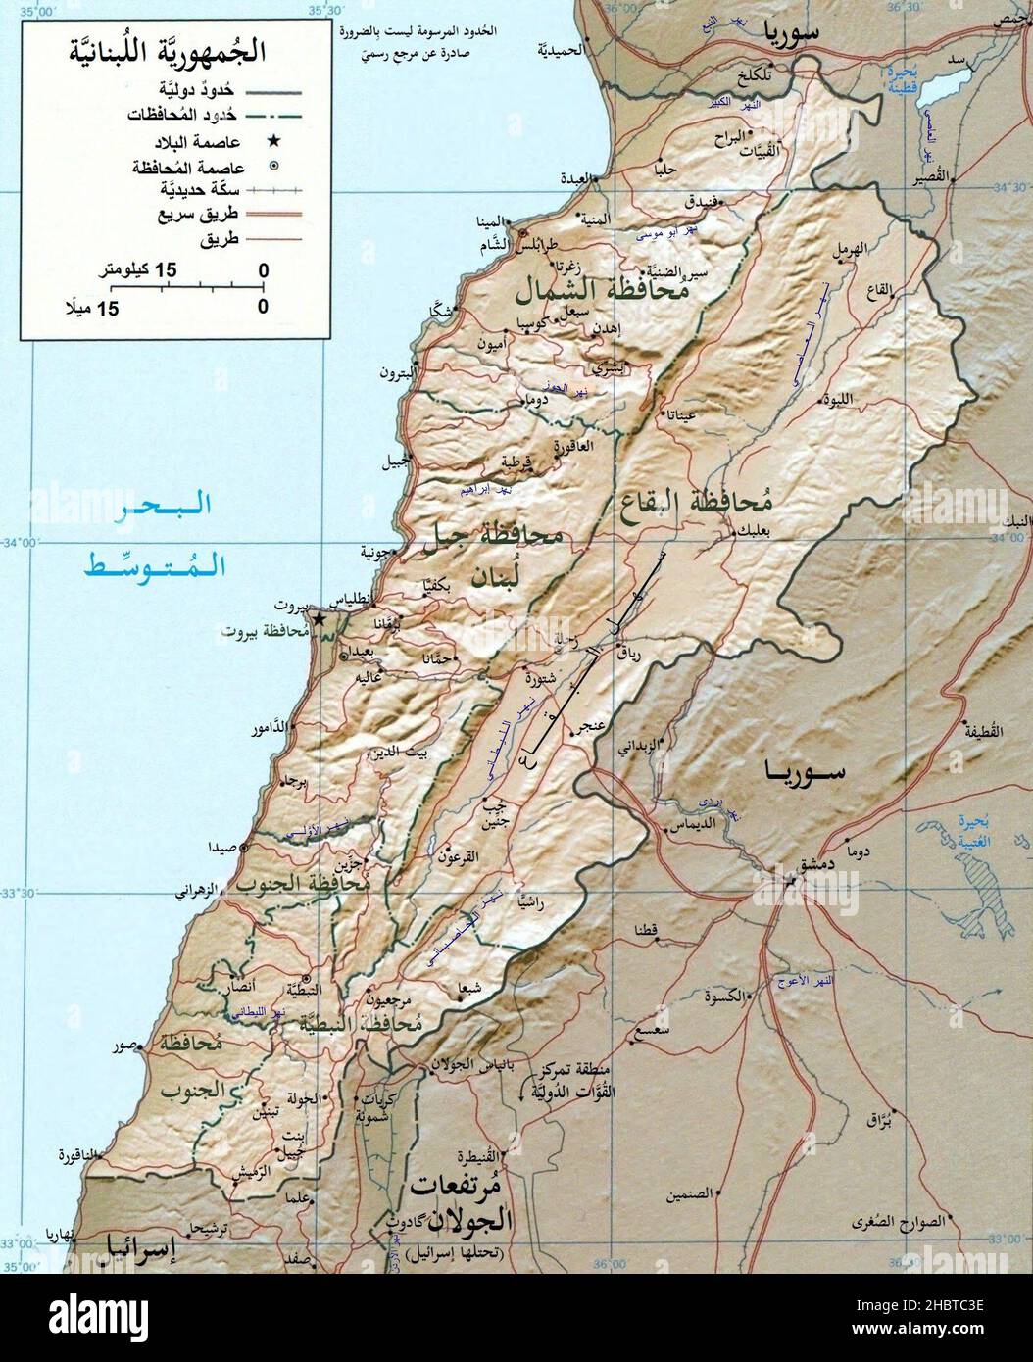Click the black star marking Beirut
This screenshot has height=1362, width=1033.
point(318,619)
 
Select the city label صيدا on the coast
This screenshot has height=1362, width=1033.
point(220,848)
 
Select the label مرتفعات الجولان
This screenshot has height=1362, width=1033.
point(461,1203)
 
